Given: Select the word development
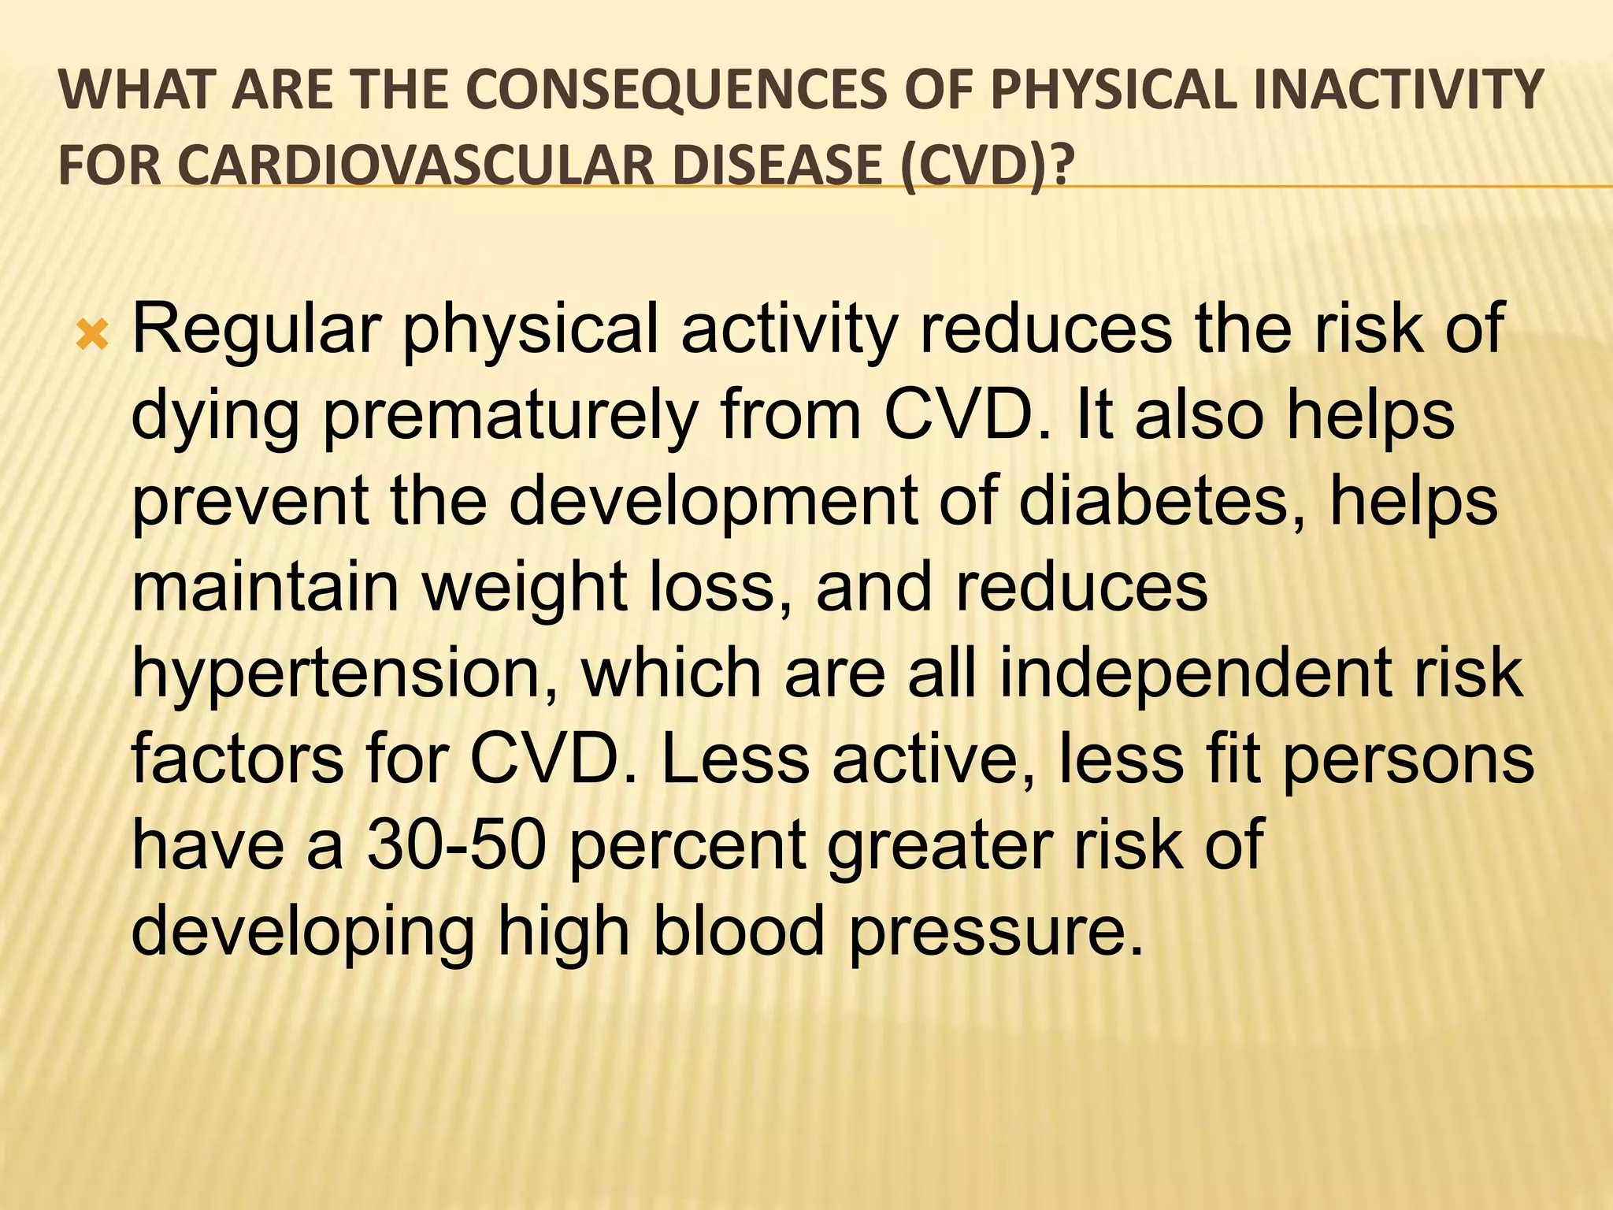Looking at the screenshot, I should point(714,503).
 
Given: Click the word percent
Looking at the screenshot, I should point(688,846).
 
